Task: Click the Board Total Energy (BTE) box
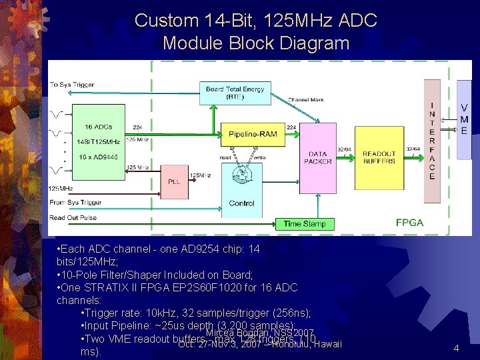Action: [235, 93]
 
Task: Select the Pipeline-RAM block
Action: [248, 135]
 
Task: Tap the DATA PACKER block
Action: [318, 157]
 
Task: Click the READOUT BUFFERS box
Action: [379, 157]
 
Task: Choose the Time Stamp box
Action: [305, 224]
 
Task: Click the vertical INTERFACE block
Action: [432, 141]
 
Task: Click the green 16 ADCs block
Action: [98, 141]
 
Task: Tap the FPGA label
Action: [409, 222]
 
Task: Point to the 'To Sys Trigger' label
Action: [72, 85]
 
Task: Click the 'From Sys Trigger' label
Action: [75, 202]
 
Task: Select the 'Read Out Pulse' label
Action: [73, 217]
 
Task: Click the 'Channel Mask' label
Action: [306, 100]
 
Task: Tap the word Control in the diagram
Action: [241, 203]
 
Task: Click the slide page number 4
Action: [455, 348]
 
